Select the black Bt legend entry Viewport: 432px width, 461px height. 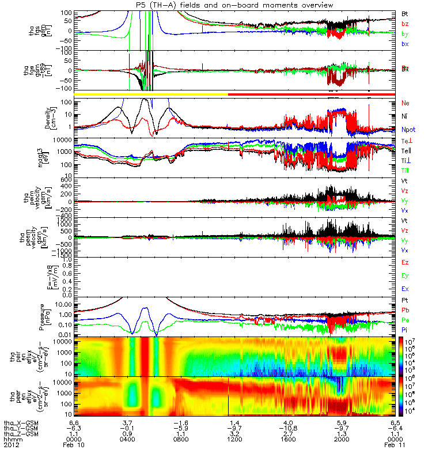tap(405, 13)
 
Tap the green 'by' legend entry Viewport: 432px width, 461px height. tap(406, 34)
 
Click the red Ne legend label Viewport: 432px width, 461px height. tap(406, 103)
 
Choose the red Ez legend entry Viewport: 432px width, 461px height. tap(406, 262)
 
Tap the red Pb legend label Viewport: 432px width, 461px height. tap(406, 311)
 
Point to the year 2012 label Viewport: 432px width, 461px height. tap(12, 445)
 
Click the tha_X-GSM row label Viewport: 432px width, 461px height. tap(21, 424)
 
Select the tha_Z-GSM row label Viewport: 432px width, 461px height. tap(21, 434)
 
